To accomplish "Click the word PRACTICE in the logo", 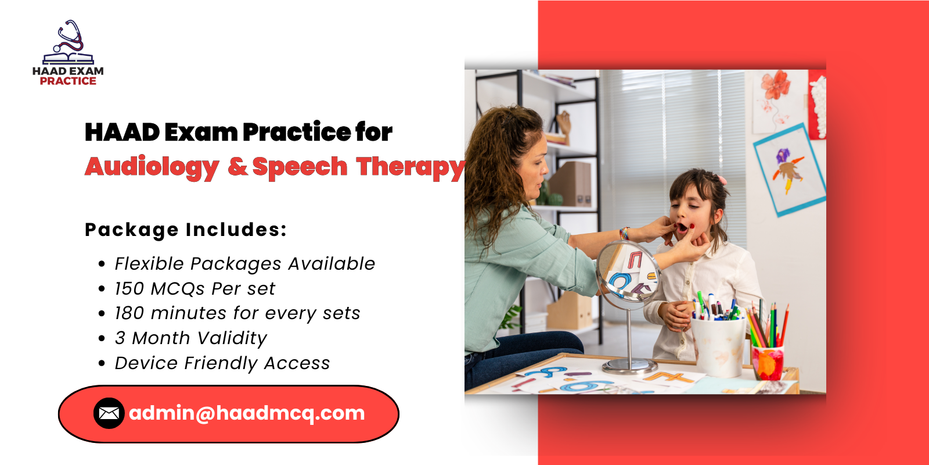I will tap(68, 81).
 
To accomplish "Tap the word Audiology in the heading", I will tap(152, 167).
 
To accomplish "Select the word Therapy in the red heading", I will tap(411, 167).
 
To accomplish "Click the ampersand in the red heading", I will tap(238, 167).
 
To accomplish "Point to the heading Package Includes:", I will tap(186, 230).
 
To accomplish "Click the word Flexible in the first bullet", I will tap(149, 264).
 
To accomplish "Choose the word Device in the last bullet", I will tap(146, 363).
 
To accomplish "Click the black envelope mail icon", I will tap(109, 413).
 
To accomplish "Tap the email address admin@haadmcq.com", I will tap(247, 413).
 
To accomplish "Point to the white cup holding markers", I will tap(718, 346).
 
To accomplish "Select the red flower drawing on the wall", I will tap(776, 87).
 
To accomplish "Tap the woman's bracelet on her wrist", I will tap(624, 234).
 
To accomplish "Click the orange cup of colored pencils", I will tap(768, 362).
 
